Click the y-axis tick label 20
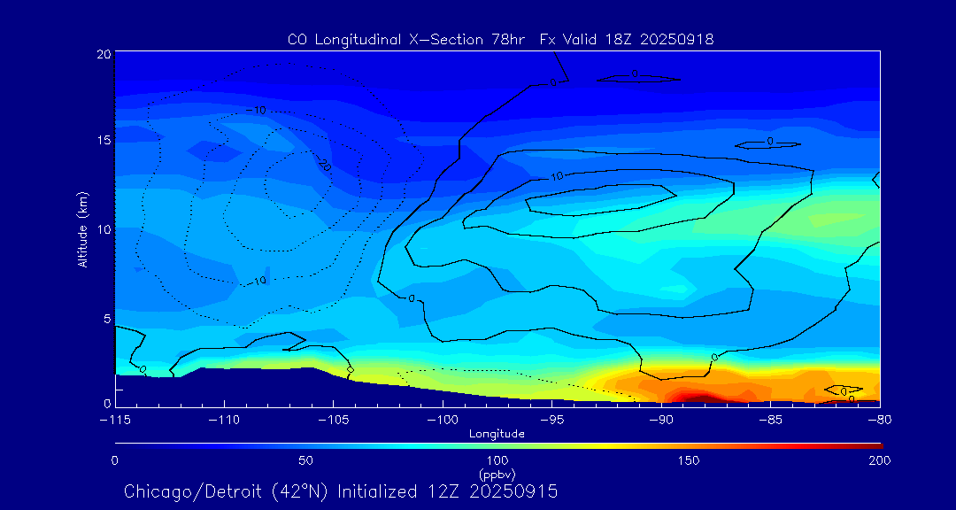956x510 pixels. pos(104,54)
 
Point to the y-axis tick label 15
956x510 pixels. pos(104,141)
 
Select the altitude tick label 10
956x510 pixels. pos(104,229)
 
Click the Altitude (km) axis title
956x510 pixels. pos(83,228)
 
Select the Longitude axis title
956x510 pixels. pos(497,433)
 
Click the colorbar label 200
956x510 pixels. pos(879,460)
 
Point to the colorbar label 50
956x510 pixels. pos(305,460)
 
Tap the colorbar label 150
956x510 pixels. pos(689,460)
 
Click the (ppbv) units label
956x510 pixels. pos(497,473)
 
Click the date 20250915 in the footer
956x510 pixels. pos(513,491)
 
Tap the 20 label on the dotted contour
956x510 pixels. pos(325,166)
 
